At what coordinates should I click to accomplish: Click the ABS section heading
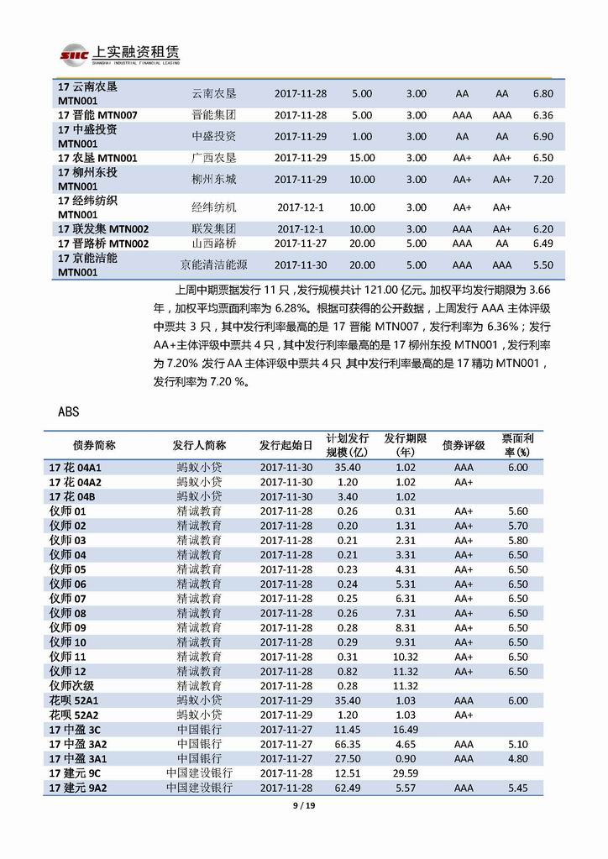click(70, 411)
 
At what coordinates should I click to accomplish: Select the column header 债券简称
click(95, 445)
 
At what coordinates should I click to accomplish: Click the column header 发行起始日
click(286, 445)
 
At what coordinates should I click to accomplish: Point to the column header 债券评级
click(464, 445)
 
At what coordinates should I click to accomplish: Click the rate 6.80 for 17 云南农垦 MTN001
click(543, 94)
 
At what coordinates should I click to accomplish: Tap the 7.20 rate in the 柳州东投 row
click(543, 179)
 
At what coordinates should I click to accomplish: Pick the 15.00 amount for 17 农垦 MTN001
click(362, 158)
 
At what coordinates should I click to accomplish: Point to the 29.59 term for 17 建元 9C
click(406, 773)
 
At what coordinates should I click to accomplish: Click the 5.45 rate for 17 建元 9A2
click(518, 788)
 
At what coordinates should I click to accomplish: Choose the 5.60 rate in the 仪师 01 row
click(518, 511)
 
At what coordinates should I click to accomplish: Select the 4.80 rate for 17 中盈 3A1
click(518, 758)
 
